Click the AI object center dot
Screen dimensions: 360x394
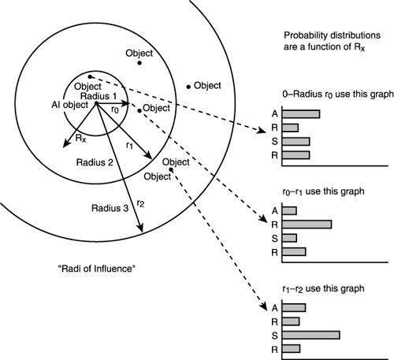[x=96, y=103]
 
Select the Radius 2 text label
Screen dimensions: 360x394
[x=94, y=161]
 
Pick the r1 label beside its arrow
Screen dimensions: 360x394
[x=129, y=146]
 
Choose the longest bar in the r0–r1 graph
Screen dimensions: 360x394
[x=307, y=225]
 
